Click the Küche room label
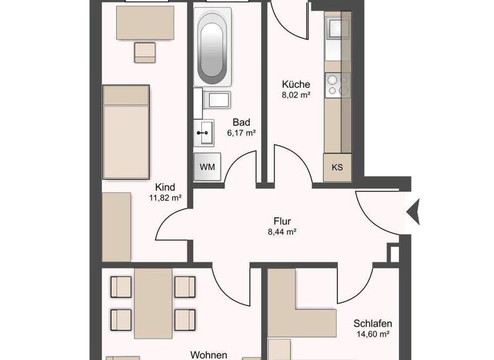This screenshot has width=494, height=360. pos(296,84)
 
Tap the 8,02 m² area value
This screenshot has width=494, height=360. pos(296,95)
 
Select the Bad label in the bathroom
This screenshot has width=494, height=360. pos(241,122)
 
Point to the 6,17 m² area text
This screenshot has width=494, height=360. pos(241,133)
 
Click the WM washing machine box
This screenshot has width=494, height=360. pos(207,167)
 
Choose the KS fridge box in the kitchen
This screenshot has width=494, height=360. pos(337,168)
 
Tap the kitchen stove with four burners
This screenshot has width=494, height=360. pos(337,84)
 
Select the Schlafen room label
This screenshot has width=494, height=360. pos(372,323)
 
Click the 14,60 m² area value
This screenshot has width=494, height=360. pos(372,334)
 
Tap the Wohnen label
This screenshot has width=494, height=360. pos(208,354)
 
